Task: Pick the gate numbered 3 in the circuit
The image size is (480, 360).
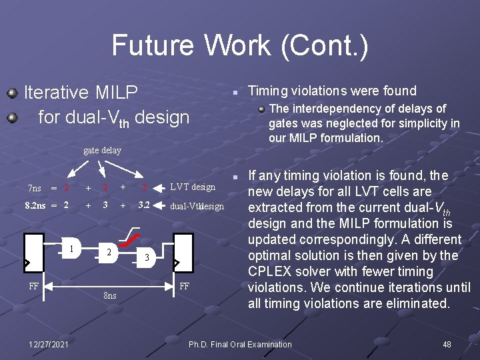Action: tap(147, 257)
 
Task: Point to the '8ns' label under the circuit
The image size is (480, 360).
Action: tap(110, 295)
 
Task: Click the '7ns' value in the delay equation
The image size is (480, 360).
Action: tap(35, 187)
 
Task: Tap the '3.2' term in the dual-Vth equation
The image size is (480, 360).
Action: tap(143, 205)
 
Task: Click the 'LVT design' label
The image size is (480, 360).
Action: tap(193, 187)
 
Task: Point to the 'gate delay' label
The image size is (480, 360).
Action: tap(102, 150)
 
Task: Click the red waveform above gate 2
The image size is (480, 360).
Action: tap(131, 237)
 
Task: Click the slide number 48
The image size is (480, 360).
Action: tap(447, 345)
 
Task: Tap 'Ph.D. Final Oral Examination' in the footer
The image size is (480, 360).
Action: tap(240, 345)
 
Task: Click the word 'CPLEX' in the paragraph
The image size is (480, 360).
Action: tap(269, 271)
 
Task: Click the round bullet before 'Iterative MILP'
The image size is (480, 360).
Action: tap(12, 91)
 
